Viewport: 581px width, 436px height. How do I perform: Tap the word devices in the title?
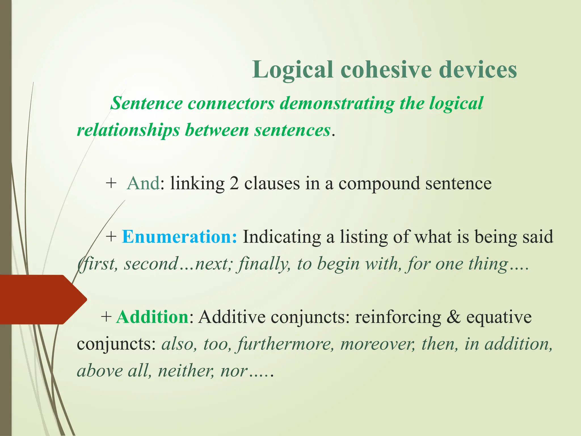click(x=478, y=70)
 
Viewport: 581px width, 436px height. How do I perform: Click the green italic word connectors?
click(x=231, y=103)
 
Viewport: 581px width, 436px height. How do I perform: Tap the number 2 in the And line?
click(x=234, y=183)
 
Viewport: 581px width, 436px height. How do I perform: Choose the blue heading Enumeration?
click(x=179, y=237)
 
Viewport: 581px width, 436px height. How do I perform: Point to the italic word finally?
click(x=264, y=264)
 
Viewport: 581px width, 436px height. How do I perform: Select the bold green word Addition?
click(x=153, y=317)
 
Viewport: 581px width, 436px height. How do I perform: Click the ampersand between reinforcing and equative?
click(x=453, y=317)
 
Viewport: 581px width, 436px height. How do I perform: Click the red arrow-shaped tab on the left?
click(x=40, y=299)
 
